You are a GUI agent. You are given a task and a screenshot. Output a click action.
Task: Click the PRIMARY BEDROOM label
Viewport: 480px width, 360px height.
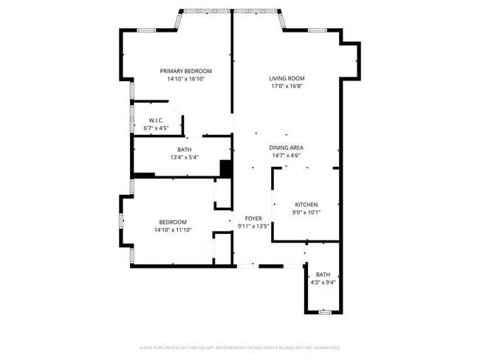tap(186, 71)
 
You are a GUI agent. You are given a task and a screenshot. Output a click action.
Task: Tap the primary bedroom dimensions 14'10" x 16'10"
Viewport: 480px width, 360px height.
tap(186, 79)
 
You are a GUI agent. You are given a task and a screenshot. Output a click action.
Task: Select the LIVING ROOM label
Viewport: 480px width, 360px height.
tap(287, 78)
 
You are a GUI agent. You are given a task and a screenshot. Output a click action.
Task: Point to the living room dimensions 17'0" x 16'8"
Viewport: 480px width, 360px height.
tap(287, 86)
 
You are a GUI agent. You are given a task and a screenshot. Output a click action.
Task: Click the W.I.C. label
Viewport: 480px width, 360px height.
tap(156, 120)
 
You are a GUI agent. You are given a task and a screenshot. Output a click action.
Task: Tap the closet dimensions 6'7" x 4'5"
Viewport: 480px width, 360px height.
tap(156, 128)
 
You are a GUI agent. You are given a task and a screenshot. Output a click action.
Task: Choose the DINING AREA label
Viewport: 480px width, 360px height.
tap(287, 148)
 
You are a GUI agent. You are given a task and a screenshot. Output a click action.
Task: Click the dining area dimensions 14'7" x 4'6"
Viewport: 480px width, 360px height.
tap(287, 156)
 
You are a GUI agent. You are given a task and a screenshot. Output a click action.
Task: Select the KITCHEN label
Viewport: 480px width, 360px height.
tap(306, 204)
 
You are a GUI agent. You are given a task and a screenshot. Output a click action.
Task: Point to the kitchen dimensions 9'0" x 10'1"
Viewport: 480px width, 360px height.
tap(306, 212)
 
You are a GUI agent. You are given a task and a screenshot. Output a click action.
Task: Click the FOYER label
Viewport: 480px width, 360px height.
tap(253, 218)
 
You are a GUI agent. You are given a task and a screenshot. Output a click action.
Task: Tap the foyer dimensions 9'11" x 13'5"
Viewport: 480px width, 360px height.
tap(253, 226)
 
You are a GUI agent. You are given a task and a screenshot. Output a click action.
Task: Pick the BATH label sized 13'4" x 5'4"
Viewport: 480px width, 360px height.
tap(184, 150)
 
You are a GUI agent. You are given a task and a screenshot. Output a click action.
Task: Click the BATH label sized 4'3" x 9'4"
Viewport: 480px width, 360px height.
tap(323, 274)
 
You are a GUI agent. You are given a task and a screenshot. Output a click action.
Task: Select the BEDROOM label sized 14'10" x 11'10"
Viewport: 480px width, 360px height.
tap(173, 222)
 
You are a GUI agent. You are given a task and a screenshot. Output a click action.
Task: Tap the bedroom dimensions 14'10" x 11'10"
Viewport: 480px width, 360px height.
tap(173, 230)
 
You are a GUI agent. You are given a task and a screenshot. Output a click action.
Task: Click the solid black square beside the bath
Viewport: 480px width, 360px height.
tap(226, 169)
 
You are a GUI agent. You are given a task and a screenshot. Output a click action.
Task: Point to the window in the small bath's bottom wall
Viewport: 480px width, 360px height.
tap(323, 313)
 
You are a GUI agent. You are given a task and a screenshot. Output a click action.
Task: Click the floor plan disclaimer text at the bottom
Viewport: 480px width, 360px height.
tap(240, 347)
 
